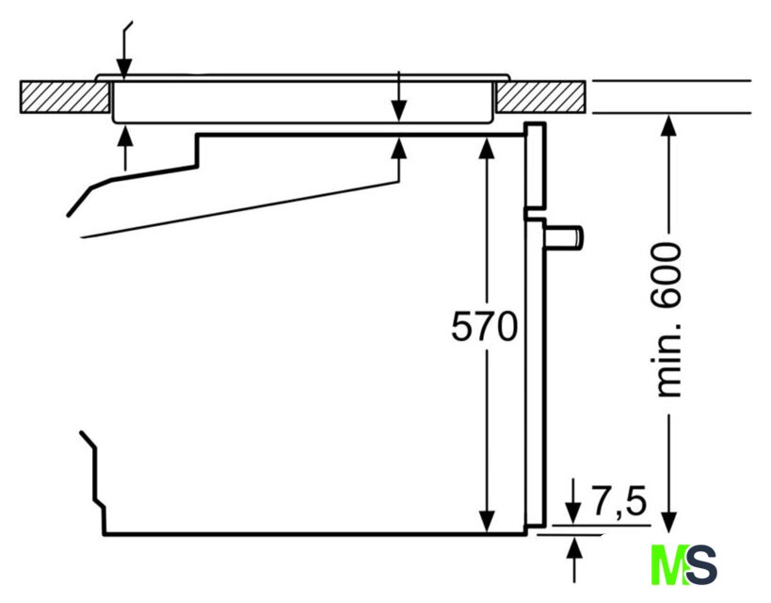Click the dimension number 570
484,326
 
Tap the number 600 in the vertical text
667,276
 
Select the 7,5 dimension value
618,502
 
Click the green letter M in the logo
669,564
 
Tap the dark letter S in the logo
701,564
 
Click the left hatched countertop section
65,97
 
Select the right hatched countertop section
541,97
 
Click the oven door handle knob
564,236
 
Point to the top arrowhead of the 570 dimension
487,148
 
